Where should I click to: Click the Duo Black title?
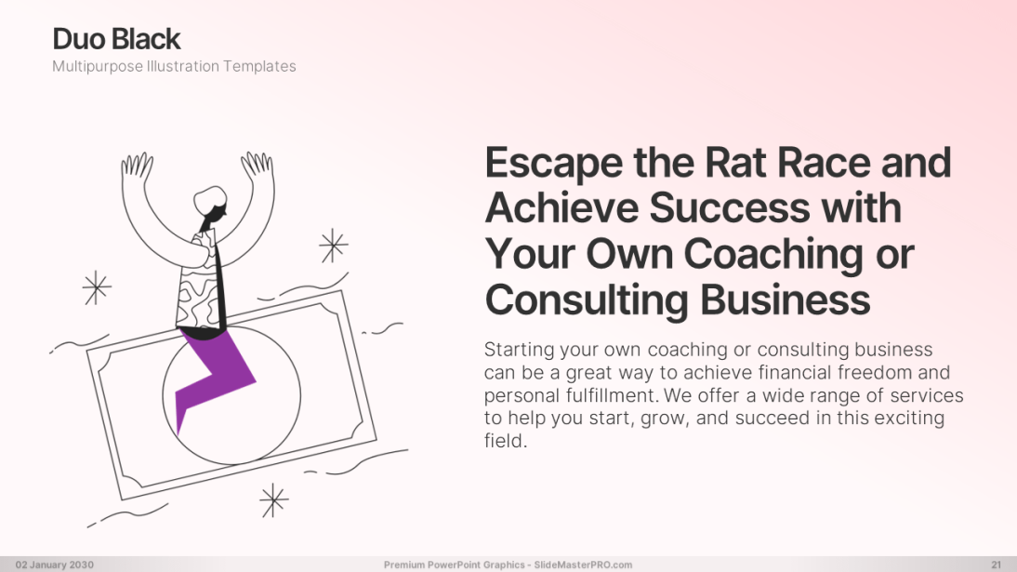pyautogui.click(x=116, y=39)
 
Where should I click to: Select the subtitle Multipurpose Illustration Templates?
pyautogui.click(x=174, y=66)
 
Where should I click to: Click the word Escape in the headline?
pyautogui.click(x=554, y=163)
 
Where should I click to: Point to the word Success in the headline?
pyautogui.click(x=729, y=207)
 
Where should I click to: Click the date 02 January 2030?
pyautogui.click(x=55, y=565)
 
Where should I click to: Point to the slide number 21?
pyautogui.click(x=997, y=565)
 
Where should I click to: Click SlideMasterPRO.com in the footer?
pyautogui.click(x=583, y=565)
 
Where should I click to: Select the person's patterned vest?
pyautogui.click(x=198, y=283)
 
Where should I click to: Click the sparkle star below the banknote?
pyautogui.click(x=273, y=500)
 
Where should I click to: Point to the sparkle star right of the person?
pyautogui.click(x=334, y=246)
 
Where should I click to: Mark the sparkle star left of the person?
pyautogui.click(x=97, y=287)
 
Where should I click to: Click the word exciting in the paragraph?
pyautogui.click(x=909, y=419)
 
